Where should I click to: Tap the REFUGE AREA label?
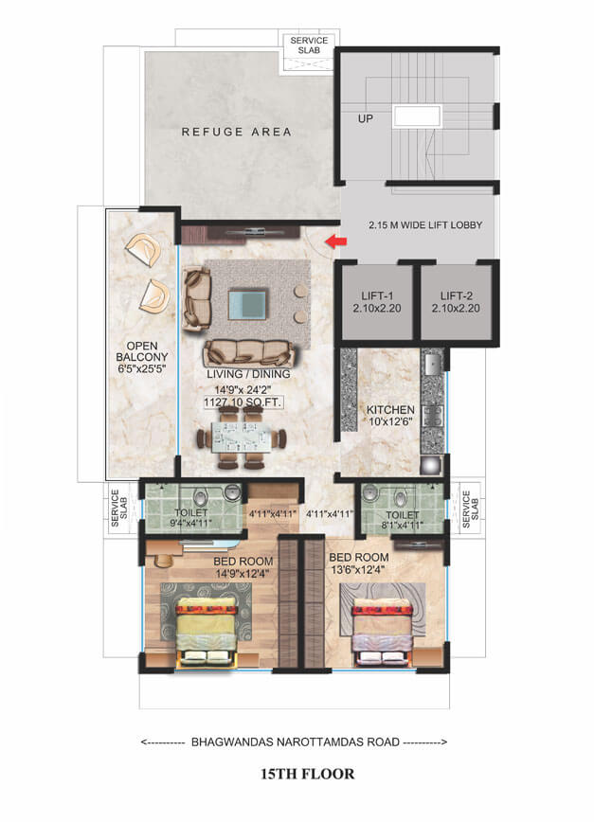[x=236, y=132]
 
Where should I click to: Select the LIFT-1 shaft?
[x=376, y=302]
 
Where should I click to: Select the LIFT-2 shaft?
[x=456, y=302]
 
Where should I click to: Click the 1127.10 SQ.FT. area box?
[x=243, y=402]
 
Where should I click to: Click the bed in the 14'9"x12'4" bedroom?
[x=205, y=630]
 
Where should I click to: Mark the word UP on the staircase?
[x=366, y=120]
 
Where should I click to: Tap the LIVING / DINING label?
[x=248, y=374]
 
